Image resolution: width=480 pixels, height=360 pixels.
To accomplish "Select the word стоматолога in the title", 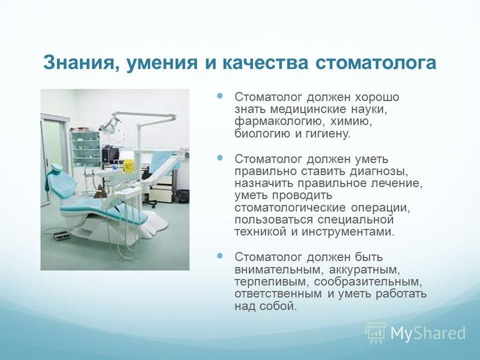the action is click(376, 63).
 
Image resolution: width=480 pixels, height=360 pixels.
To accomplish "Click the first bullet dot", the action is click(220, 96).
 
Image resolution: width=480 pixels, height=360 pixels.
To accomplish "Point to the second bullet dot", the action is click(220, 158).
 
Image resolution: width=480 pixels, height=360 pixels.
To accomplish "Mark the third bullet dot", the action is click(220, 256).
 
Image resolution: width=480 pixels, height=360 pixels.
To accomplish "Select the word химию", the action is click(352, 122).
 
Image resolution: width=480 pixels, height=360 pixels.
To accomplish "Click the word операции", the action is click(380, 208).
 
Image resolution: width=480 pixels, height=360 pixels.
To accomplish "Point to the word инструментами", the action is click(349, 232).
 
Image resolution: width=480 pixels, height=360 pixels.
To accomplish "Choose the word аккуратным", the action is click(365, 269).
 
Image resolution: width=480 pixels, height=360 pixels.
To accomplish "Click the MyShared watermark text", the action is click(428, 333).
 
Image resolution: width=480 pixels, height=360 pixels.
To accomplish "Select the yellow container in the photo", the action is click(129, 166).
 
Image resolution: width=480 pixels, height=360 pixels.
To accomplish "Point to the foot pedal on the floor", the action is click(61, 236).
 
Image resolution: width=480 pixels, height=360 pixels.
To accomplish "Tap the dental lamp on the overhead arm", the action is click(109, 125).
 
